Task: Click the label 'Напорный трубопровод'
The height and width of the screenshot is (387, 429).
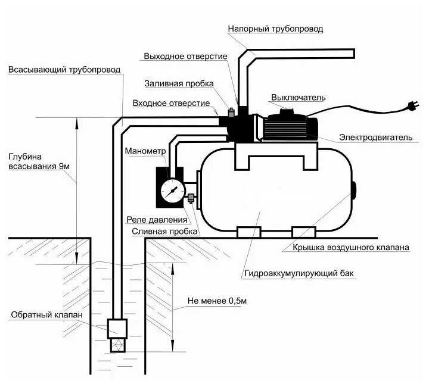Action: (276, 29)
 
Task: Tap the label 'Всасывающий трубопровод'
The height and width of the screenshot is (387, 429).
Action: (64, 70)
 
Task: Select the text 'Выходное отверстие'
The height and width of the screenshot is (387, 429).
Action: (185, 56)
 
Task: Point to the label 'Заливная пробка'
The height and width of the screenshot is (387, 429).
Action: (179, 83)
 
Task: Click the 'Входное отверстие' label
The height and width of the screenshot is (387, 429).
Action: (172, 103)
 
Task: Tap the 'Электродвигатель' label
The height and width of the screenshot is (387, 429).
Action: (375, 138)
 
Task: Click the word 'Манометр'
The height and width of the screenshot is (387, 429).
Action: (144, 151)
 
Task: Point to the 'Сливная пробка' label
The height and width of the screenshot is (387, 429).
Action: (160, 230)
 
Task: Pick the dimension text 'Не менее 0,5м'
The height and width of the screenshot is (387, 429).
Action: (217, 301)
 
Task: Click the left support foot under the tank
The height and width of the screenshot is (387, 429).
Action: (248, 232)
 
